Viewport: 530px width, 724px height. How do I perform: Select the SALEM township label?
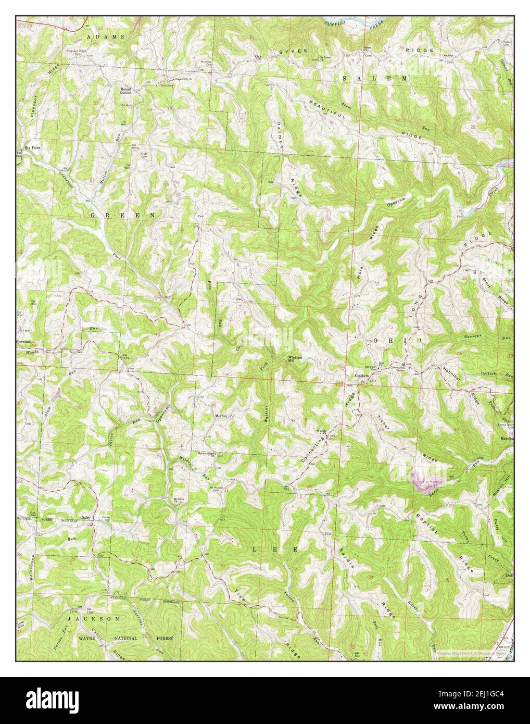coord(375,78)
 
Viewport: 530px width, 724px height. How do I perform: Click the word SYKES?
coord(295,52)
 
